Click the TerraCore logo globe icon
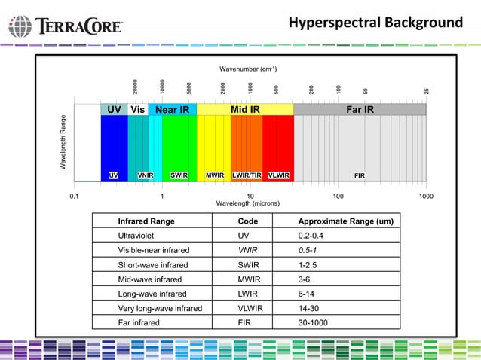tap(20, 26)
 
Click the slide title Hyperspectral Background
tap(375, 23)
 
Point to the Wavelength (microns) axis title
tap(247, 203)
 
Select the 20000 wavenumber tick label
tap(135, 87)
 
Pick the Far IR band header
tap(359, 110)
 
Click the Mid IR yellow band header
tap(245, 110)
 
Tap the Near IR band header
tap(172, 110)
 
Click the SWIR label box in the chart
tap(179, 175)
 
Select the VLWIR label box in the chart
tap(279, 175)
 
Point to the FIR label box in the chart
tap(360, 175)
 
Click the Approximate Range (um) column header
tap(345, 221)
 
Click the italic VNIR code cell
tap(248, 250)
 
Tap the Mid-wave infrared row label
tap(150, 279)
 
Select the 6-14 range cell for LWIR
tap(309, 294)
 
